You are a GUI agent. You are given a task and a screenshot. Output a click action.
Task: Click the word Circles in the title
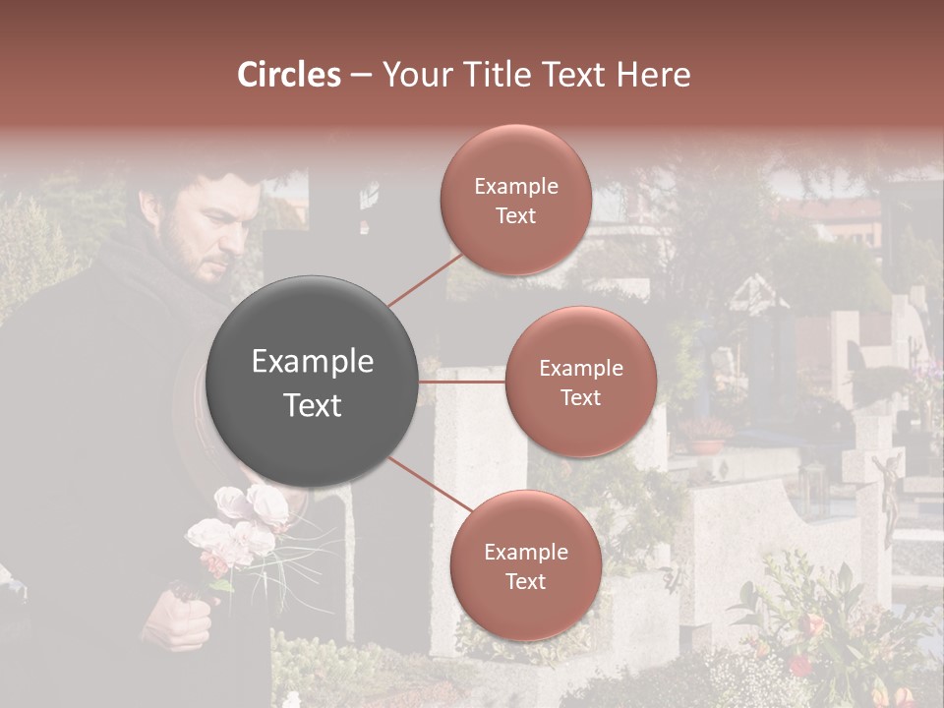pos(288,75)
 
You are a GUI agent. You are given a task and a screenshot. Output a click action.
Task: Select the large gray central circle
pos(313,382)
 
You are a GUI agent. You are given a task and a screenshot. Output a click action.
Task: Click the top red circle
pos(515,201)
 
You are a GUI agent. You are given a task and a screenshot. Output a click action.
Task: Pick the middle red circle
pos(580,382)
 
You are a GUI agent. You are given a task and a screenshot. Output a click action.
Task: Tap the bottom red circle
pos(525,565)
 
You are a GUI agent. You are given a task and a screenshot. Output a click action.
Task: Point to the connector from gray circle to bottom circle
pos(429,486)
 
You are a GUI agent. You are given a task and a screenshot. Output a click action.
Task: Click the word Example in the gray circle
pos(313,362)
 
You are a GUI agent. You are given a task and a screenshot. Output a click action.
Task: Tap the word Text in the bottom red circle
pos(525,581)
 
